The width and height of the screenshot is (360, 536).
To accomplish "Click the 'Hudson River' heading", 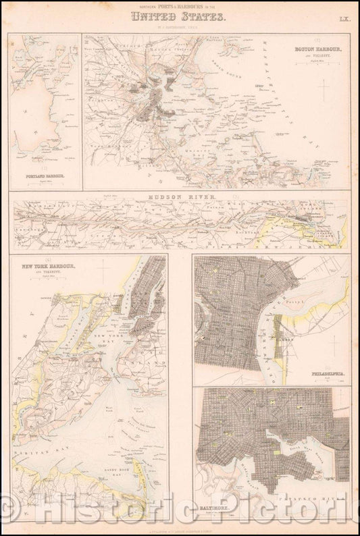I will [x=179, y=197].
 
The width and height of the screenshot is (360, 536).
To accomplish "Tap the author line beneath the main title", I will [x=180, y=27].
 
